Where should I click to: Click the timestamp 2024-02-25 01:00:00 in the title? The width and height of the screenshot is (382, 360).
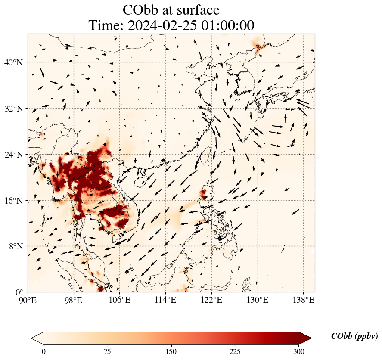pyautogui.click(x=192, y=25)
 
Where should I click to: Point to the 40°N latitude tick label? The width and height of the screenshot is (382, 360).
pyautogui.click(x=14, y=62)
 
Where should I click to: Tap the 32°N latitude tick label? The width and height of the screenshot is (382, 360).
pyautogui.click(x=14, y=109)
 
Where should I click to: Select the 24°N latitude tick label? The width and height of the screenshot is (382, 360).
pyautogui.click(x=14, y=155)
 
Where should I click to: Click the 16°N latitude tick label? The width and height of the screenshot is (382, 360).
pyautogui.click(x=14, y=201)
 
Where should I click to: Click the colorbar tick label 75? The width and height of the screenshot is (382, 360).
pyautogui.click(x=108, y=351)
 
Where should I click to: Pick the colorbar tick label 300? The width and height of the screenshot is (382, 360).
pyautogui.click(x=299, y=351)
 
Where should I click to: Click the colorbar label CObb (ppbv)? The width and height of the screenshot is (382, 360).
pyautogui.click(x=354, y=337)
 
